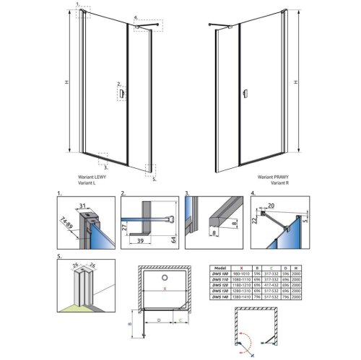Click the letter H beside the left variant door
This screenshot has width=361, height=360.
65,83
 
